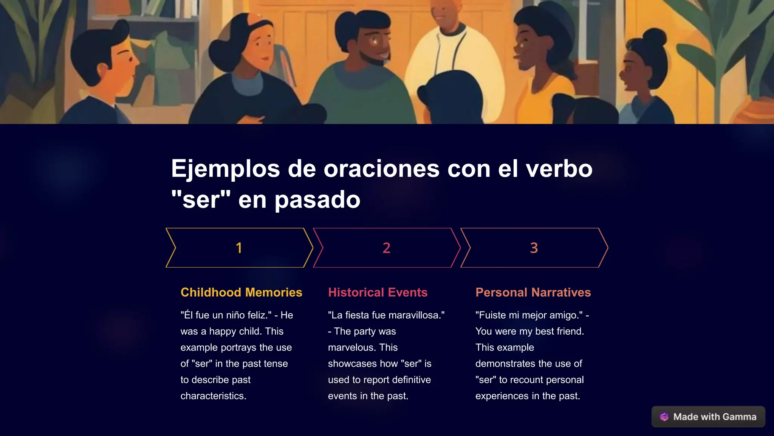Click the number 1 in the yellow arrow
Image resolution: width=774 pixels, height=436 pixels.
click(x=239, y=248)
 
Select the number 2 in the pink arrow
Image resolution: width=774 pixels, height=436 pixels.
click(x=386, y=248)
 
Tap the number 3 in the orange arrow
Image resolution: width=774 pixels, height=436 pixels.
click(x=534, y=248)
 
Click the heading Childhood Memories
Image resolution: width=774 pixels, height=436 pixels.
click(x=241, y=292)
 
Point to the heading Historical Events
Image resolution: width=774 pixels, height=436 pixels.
click(x=378, y=292)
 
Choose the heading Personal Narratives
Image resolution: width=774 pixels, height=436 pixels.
click(x=533, y=292)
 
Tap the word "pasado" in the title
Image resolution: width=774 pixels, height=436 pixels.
click(x=317, y=199)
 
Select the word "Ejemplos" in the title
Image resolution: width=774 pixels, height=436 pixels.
click(x=225, y=168)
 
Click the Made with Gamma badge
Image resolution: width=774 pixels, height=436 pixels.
click(x=708, y=417)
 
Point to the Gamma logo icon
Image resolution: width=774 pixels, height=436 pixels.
click(x=664, y=417)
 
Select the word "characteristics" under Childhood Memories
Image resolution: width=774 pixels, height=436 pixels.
click(x=212, y=396)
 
